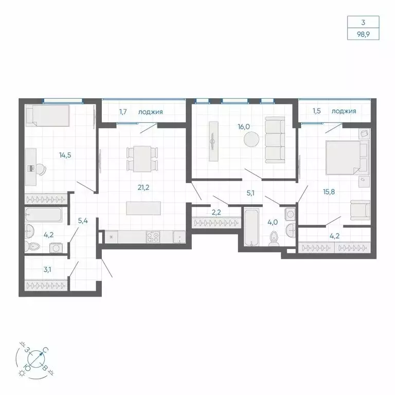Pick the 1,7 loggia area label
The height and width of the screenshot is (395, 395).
click(x=124, y=111)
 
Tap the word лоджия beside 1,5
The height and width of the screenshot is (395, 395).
click(x=344, y=111)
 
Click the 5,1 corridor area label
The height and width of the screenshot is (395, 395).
click(x=252, y=194)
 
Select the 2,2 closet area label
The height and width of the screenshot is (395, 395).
click(x=216, y=211)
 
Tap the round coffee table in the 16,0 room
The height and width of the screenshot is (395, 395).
click(x=252, y=140)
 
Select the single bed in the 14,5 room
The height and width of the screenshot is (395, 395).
click(x=47, y=115)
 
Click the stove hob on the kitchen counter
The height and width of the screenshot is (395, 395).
click(x=153, y=237)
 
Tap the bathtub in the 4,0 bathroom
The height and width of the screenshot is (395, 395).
click(x=252, y=227)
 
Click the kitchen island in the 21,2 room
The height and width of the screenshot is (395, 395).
click(x=143, y=208)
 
